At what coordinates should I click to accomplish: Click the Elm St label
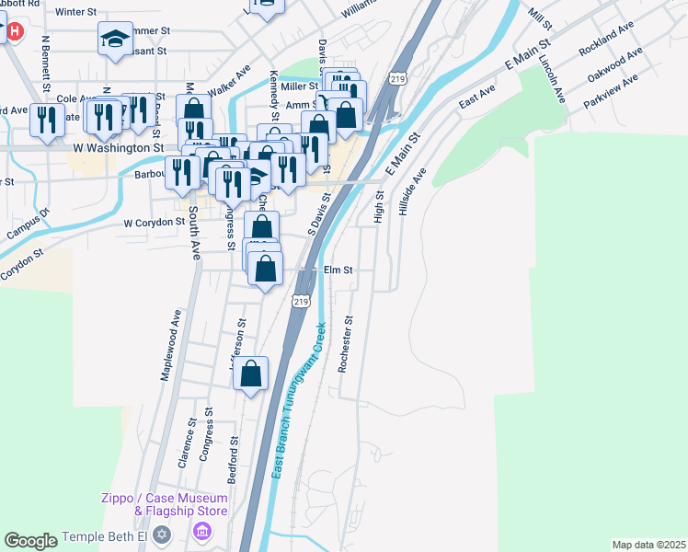coord(339,270)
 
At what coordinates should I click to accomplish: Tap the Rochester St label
coord(346,344)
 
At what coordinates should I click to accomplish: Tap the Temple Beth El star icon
coord(162,534)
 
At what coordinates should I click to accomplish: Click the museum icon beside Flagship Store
coord(202,532)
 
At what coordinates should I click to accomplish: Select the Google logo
coord(30,541)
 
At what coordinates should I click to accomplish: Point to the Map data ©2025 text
coord(648,545)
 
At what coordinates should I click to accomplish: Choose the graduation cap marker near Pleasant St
coord(116,38)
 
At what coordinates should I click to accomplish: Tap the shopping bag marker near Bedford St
coord(250,374)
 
